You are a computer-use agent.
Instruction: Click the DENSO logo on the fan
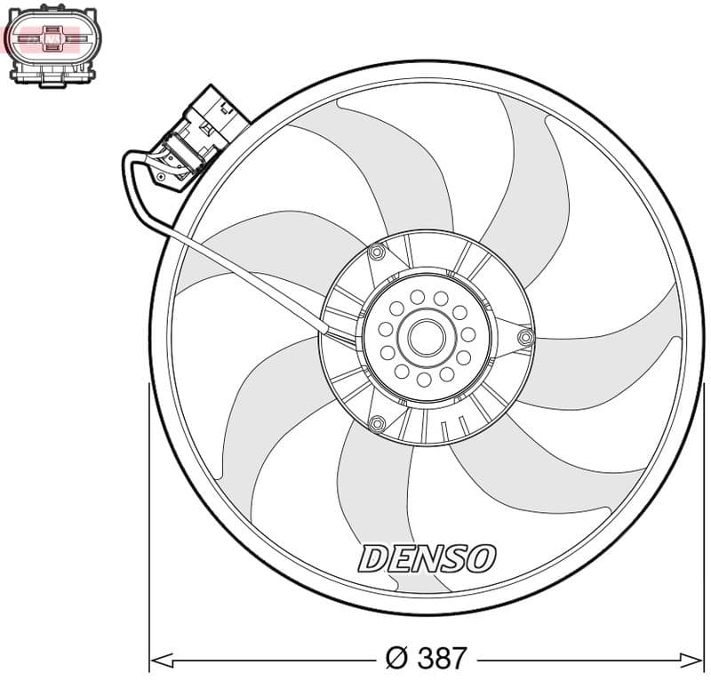[x=427, y=558]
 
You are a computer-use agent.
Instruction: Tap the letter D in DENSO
[x=371, y=559]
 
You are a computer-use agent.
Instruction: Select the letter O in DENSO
[x=480, y=558]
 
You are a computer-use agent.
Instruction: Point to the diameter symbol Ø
[x=396, y=658]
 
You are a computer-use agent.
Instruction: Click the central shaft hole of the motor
[x=426, y=336]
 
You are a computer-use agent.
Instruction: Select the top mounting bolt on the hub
[x=377, y=253]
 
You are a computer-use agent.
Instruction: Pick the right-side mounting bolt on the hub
[x=524, y=338]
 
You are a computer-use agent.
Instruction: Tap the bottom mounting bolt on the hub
[x=377, y=422]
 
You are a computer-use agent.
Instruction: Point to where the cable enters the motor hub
[x=328, y=331]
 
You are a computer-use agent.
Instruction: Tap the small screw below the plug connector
[x=161, y=178]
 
